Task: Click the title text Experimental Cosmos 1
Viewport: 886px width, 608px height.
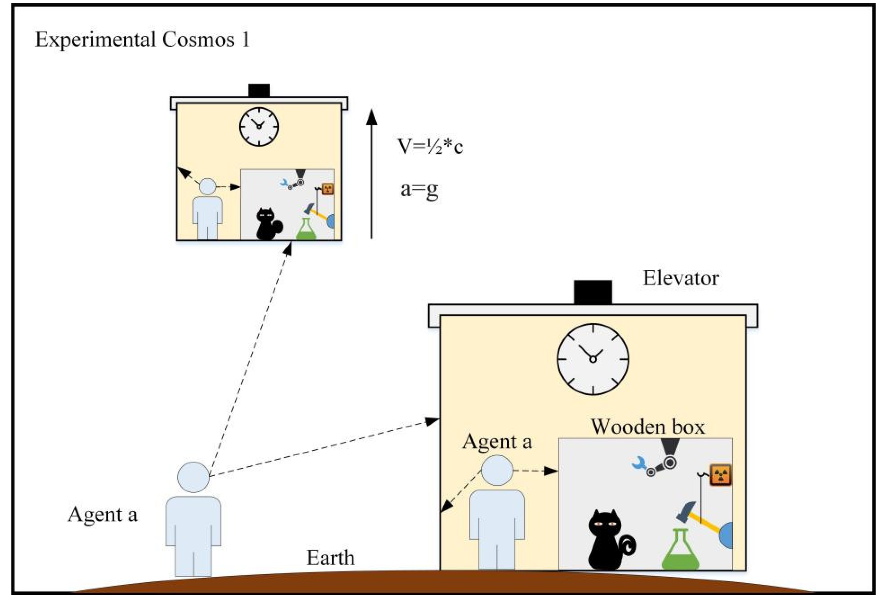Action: coord(142,40)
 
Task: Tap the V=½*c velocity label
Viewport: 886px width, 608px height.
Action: coord(430,146)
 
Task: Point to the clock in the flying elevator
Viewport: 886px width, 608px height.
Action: coord(259,127)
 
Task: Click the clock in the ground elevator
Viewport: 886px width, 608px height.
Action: coord(593,359)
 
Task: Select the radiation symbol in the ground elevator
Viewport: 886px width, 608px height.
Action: coord(720,475)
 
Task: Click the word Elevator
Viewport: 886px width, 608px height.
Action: coord(681,279)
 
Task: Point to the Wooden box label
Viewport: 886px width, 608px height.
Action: coord(648,427)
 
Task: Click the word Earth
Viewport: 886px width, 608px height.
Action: coord(330,558)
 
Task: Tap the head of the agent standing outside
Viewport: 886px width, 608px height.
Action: coord(193,477)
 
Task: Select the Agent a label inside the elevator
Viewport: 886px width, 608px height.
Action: coord(497,442)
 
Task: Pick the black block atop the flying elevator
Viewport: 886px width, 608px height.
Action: coord(259,91)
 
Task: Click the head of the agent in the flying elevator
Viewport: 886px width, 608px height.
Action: coord(208,187)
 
